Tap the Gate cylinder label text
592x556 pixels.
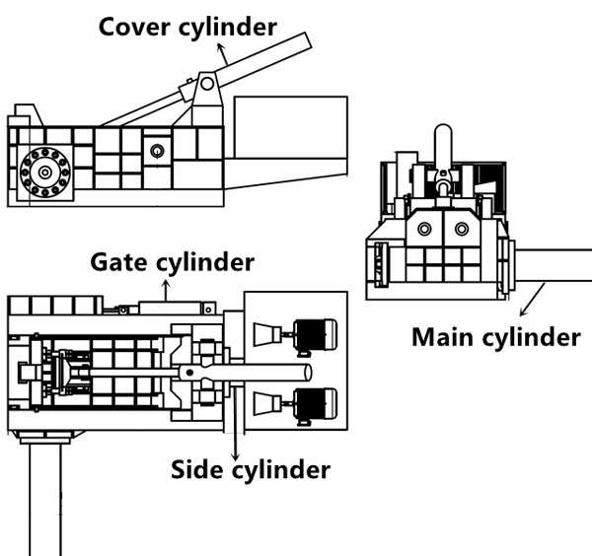pyautogui.click(x=173, y=262)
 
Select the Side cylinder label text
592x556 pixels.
pyautogui.click(x=251, y=468)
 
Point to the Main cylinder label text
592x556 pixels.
pyautogui.click(x=495, y=337)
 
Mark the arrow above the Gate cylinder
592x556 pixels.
pyautogui.click(x=166, y=289)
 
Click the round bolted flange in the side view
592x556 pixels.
pyautogui.click(x=43, y=174)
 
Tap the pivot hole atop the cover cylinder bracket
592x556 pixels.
pyautogui.click(x=207, y=85)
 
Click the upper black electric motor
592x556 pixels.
pyautogui.click(x=315, y=334)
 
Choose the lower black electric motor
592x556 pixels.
pyautogui.click(x=315, y=403)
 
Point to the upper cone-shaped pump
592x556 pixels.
pyautogui.click(x=265, y=335)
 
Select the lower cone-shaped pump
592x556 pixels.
pyautogui.click(x=265, y=403)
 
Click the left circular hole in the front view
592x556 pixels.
pyautogui.click(x=424, y=229)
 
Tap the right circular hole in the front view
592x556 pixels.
pyautogui.click(x=461, y=229)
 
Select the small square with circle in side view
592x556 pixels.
pyautogui.click(x=155, y=152)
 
